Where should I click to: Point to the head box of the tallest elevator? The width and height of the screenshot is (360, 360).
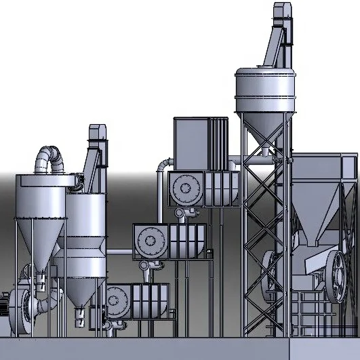(283, 14)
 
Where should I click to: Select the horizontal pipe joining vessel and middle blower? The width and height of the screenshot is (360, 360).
(118, 252)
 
